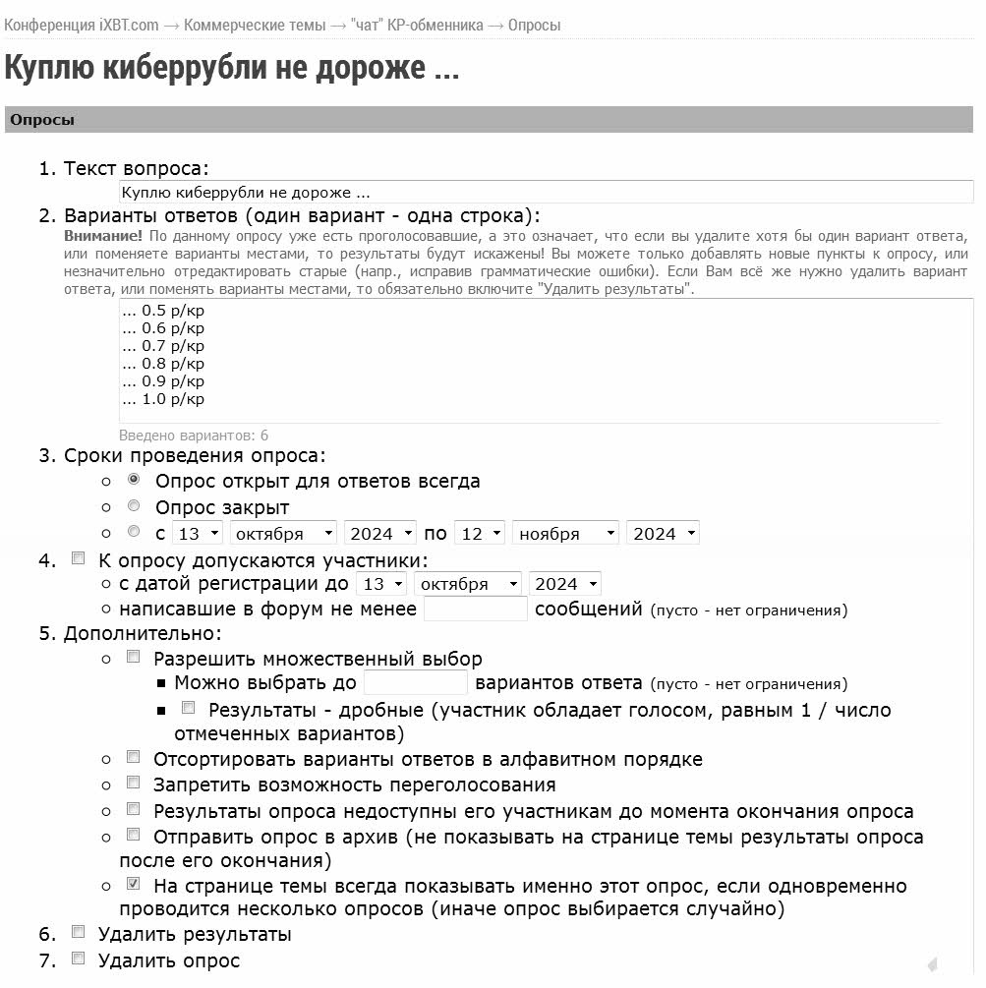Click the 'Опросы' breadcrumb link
click(x=534, y=25)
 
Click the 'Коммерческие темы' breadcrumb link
click(x=254, y=25)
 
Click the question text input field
click(x=546, y=193)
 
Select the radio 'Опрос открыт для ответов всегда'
click(x=134, y=481)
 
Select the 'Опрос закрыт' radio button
click(x=134, y=506)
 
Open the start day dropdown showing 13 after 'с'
click(x=197, y=533)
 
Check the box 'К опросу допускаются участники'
click(x=79, y=559)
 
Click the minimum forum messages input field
click(x=475, y=609)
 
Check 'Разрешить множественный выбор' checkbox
click(x=134, y=657)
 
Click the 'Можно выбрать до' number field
click(x=415, y=682)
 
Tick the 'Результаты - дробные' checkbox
click(x=189, y=708)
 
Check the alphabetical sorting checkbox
click(x=134, y=758)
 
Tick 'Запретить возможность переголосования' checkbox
click(x=134, y=784)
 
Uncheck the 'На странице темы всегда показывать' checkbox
click(x=134, y=885)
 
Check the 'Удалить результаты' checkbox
click(x=79, y=932)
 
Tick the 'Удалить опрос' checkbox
click(x=79, y=959)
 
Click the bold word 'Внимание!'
click(x=103, y=236)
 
